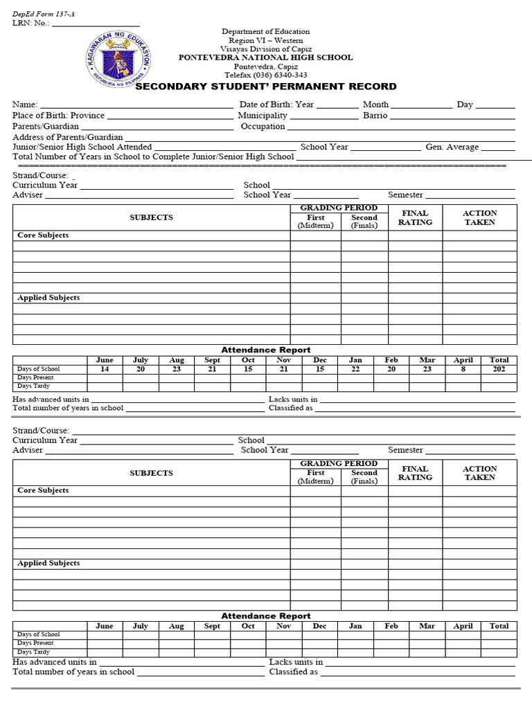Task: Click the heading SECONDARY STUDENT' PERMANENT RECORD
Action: pos(266,87)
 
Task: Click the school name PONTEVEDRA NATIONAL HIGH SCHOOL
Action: pos(266,58)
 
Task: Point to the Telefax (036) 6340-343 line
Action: pos(265,75)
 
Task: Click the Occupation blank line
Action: pos(401,127)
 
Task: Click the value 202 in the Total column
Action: pos(499,369)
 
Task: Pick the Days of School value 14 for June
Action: pos(105,369)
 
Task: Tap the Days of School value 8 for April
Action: pos(463,369)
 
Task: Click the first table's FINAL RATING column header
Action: pos(415,217)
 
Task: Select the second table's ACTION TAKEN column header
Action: pos(479,473)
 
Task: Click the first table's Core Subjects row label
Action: pos(43,235)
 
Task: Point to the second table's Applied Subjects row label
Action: pos(48,564)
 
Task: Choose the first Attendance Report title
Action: pos(266,350)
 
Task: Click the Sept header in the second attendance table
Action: pos(212,626)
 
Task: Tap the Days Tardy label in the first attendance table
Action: pos(33,386)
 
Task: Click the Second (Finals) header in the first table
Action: pos(364,222)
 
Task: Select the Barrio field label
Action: pos(375,116)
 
